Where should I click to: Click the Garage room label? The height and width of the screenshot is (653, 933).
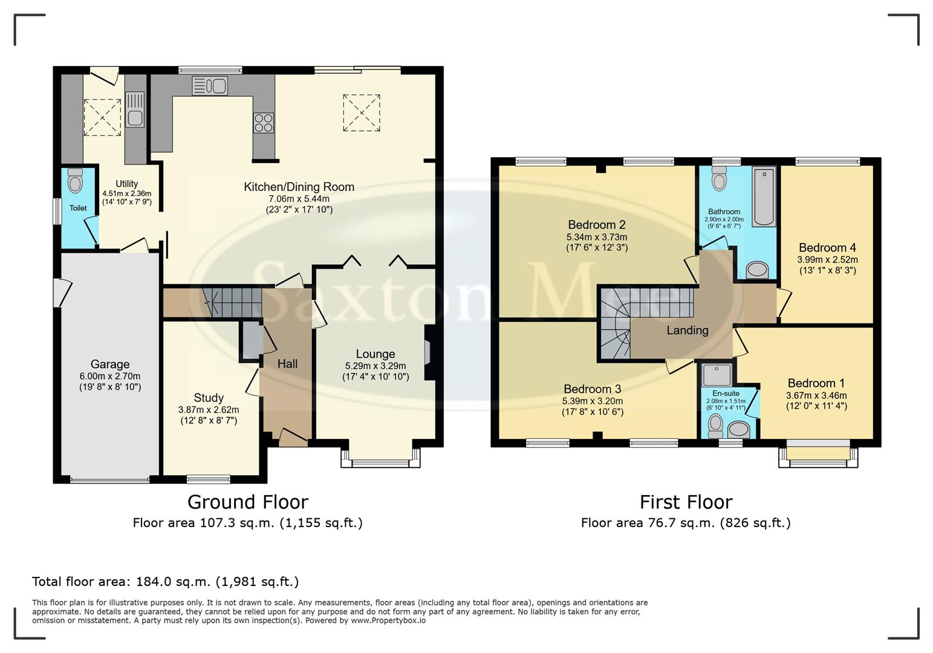tap(109, 364)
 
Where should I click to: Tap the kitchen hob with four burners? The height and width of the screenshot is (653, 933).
tap(263, 123)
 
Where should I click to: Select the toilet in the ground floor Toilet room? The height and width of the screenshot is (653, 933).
tap(75, 180)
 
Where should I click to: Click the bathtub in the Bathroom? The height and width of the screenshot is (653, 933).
tap(764, 197)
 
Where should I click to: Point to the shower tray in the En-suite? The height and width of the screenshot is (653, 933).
tap(717, 374)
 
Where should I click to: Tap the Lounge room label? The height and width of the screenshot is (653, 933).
tap(375, 354)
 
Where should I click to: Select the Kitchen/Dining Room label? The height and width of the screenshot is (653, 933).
tap(299, 187)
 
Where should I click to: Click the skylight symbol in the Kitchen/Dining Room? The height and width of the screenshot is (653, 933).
tap(361, 112)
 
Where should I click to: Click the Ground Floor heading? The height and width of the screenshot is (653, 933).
tap(247, 502)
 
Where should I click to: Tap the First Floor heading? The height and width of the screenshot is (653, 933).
tap(686, 502)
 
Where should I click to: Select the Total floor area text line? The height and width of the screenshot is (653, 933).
tap(165, 582)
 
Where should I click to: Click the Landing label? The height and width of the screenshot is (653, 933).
tap(687, 330)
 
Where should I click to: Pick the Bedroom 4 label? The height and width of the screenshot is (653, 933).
tap(827, 247)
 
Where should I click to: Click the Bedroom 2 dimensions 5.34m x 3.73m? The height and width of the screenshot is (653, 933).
tap(596, 237)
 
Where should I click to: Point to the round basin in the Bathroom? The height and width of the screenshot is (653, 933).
tap(756, 270)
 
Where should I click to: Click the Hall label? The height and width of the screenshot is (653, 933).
tap(287, 364)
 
